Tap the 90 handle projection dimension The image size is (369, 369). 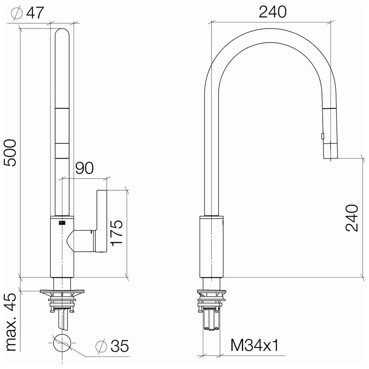click(85, 168)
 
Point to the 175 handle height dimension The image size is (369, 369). click(117, 233)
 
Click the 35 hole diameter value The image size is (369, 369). click(120, 346)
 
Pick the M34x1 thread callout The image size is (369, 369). click(254, 345)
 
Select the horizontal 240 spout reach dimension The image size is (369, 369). click(273, 12)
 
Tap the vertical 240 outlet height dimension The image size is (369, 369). click(352, 218)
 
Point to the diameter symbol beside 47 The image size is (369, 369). click(17, 13)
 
